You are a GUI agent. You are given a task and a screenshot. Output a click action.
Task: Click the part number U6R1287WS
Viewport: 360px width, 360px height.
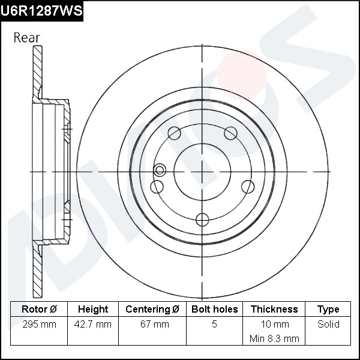tap(41, 11)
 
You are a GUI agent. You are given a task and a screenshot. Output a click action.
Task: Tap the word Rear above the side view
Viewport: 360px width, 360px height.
tap(27, 38)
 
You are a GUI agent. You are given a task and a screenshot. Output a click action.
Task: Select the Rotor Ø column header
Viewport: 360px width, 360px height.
tap(39, 309)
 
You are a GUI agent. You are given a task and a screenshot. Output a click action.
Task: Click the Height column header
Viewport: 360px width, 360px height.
tap(93, 309)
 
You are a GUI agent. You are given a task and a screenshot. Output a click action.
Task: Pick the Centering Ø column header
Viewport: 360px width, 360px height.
tap(152, 309)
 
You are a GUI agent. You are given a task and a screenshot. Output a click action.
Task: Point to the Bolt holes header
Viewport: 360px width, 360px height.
tap(214, 309)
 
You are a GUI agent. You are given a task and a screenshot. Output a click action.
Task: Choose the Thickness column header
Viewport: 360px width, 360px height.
tap(274, 309)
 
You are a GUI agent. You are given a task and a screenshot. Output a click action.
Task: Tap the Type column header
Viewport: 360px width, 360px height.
tap(328, 310)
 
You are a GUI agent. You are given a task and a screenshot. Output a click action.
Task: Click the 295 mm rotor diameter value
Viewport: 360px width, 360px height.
tap(39, 325)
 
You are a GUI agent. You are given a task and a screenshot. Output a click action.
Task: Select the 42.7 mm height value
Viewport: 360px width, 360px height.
tap(93, 325)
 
